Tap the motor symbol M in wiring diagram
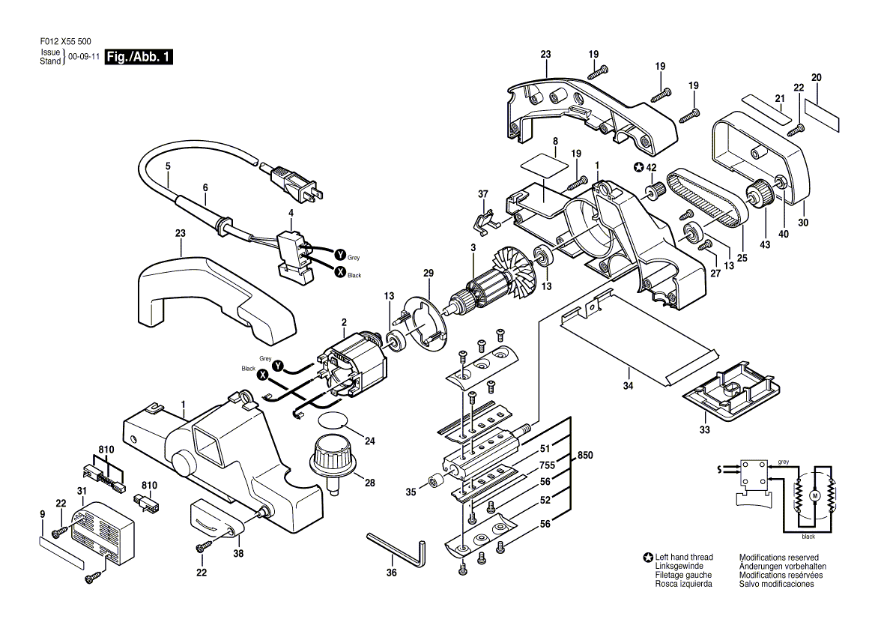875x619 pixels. click(814, 496)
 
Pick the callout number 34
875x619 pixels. click(628, 385)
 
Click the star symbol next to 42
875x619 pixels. click(638, 167)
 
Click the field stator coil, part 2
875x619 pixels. click(354, 366)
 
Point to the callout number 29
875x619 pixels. click(428, 274)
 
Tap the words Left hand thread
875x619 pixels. click(684, 558)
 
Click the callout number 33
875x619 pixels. click(704, 430)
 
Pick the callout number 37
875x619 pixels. click(482, 195)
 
